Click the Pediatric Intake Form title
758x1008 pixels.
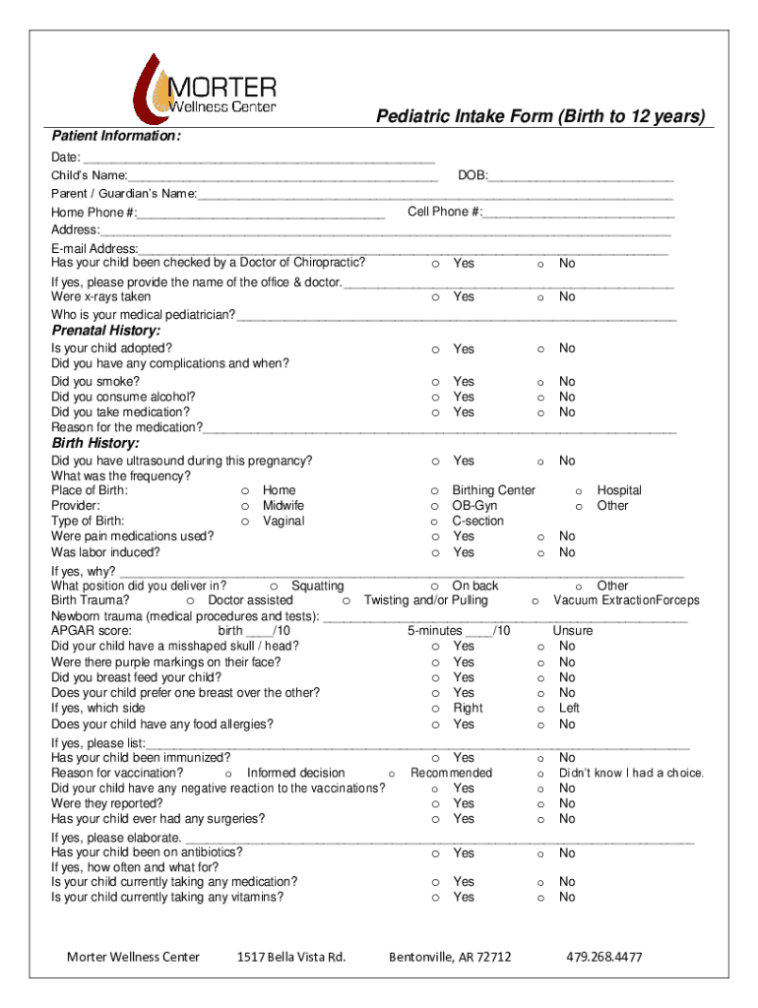point(540,117)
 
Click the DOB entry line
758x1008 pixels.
point(581,176)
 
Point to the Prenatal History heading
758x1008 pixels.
point(105,330)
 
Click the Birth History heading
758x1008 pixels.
point(95,443)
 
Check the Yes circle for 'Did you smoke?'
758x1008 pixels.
point(434,382)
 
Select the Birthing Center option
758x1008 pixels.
point(434,490)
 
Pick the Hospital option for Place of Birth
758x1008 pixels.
point(579,490)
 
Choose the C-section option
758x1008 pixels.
point(434,522)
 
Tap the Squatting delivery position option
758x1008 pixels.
point(273,586)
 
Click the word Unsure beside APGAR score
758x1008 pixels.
point(572,630)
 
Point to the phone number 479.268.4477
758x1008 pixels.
point(604,957)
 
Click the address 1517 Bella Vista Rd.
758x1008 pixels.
point(291,957)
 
